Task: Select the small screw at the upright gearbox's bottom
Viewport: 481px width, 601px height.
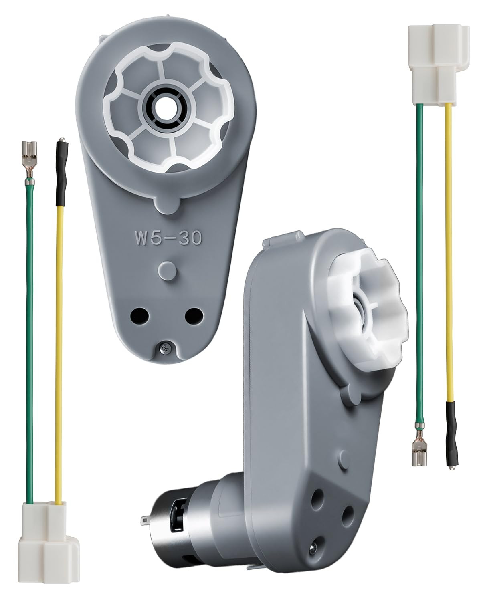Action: pyautogui.click(x=164, y=348)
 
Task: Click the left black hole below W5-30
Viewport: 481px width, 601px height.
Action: pyautogui.click(x=139, y=316)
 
